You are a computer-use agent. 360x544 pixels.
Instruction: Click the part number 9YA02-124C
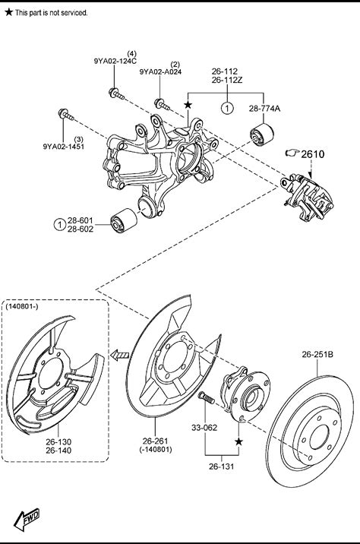(x=115, y=61)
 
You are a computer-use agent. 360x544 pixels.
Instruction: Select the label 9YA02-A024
(x=160, y=72)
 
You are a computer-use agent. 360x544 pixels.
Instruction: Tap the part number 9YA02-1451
(x=64, y=147)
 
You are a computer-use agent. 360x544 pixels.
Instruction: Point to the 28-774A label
(x=264, y=109)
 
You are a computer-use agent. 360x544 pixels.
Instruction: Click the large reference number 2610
(x=312, y=153)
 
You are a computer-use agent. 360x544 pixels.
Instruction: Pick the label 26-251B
(x=317, y=354)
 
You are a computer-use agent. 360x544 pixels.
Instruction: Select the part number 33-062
(x=204, y=428)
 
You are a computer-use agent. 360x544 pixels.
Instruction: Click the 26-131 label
(x=221, y=467)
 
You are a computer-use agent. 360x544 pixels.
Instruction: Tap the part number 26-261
(x=156, y=441)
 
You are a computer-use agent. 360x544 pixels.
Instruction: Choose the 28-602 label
(x=81, y=229)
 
